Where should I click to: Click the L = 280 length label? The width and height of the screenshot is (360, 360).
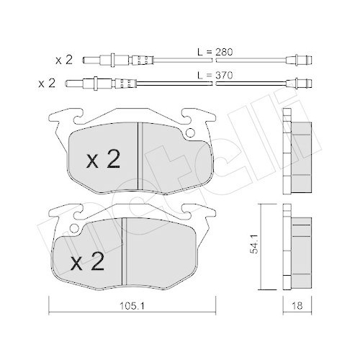click(216, 53)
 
